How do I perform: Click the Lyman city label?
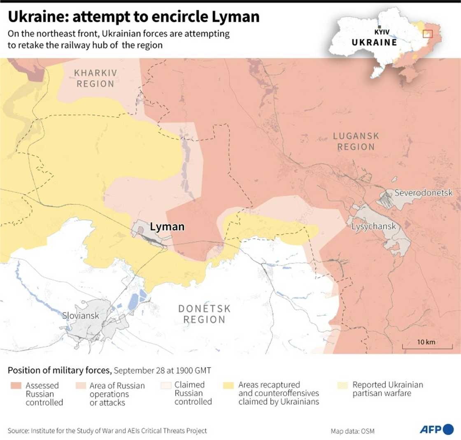(167, 226)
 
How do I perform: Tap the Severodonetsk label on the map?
(424, 193)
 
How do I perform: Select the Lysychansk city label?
(373, 226)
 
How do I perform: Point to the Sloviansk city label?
(81, 316)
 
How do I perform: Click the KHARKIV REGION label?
(95, 78)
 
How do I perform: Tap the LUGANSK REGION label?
(356, 141)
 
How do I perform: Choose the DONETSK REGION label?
(204, 314)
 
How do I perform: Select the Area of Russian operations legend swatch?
(81, 386)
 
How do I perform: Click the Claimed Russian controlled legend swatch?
(165, 386)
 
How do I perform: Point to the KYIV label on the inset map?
(382, 32)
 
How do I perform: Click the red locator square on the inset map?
(428, 34)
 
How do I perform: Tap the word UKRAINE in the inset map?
(374, 42)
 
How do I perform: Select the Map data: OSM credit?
(353, 431)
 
